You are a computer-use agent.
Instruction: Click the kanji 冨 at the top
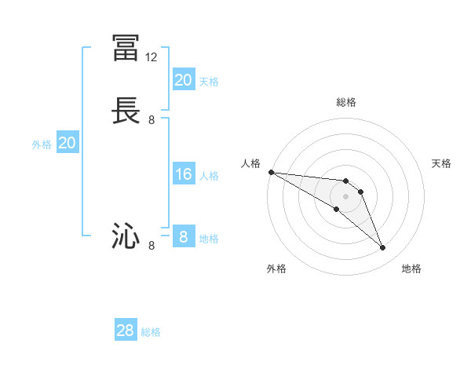tap(126, 49)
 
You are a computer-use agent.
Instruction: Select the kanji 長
tap(126, 111)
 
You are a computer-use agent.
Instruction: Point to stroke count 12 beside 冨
tap(152, 57)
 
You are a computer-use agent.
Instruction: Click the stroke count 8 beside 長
tap(152, 120)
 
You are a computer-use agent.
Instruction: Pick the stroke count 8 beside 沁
tap(152, 246)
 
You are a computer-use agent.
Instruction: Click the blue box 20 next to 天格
tap(183, 80)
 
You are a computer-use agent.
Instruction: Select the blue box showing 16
tap(183, 174)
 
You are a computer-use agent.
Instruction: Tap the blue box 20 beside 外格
tap(68, 143)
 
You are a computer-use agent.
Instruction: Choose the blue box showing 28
tap(126, 331)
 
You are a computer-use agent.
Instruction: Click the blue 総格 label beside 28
tap(151, 332)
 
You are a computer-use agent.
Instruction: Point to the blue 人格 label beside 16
tap(209, 176)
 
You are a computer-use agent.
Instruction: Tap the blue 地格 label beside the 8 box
tap(209, 239)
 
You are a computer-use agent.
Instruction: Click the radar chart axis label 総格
tap(346, 102)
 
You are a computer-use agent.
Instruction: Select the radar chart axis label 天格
tap(441, 163)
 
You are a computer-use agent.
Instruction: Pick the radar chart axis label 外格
tap(276, 269)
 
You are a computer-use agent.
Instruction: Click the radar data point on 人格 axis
tap(271, 171)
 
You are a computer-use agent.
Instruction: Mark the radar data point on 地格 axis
tap(383, 248)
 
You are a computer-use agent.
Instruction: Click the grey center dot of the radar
tap(346, 196)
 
